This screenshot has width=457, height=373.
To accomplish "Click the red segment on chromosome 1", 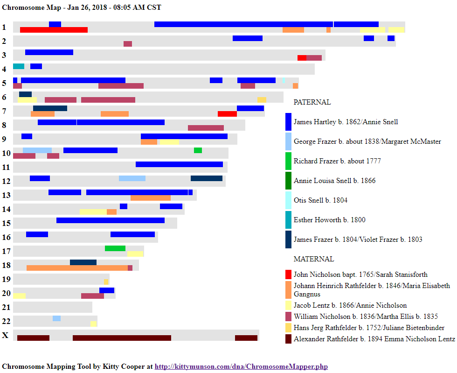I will (54, 30).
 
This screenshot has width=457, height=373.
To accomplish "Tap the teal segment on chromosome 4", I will (19, 66).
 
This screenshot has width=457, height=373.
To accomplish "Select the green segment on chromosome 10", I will (198, 150).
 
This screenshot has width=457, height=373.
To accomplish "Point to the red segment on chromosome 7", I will (227, 114).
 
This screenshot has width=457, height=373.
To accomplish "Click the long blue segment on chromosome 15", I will (111, 220).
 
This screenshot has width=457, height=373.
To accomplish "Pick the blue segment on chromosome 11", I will (179, 164).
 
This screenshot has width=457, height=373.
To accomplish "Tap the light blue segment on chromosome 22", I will (56, 318).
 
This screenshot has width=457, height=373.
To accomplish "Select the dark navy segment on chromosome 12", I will (207, 178).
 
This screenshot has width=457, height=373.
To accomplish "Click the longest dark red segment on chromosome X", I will (122, 338).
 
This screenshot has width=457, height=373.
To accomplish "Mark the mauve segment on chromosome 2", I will (128, 44).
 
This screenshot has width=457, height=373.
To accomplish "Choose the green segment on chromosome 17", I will (115, 248).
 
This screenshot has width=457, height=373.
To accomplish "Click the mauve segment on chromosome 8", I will (206, 128).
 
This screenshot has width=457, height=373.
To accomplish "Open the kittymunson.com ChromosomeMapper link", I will (241, 366).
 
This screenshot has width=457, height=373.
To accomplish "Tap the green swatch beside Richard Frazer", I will (289, 161).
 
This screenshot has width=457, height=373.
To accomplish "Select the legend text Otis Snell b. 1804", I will (320, 200).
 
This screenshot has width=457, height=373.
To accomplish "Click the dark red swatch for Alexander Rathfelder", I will (288, 339).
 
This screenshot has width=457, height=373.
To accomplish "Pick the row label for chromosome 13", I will (6, 195).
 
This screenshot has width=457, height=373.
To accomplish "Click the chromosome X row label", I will (5, 335).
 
